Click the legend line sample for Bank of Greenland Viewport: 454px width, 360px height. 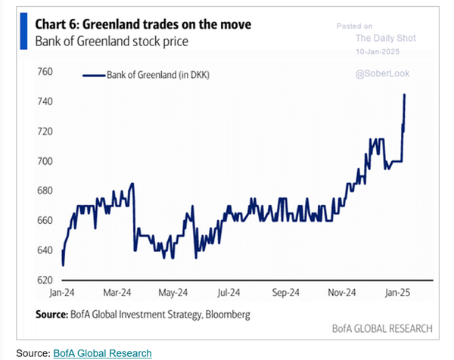92,75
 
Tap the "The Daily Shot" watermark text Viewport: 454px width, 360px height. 387,38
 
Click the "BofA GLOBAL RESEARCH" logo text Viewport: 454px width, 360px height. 382,329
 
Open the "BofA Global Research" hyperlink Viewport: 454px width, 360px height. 102,353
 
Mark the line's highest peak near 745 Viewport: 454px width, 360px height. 405,95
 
